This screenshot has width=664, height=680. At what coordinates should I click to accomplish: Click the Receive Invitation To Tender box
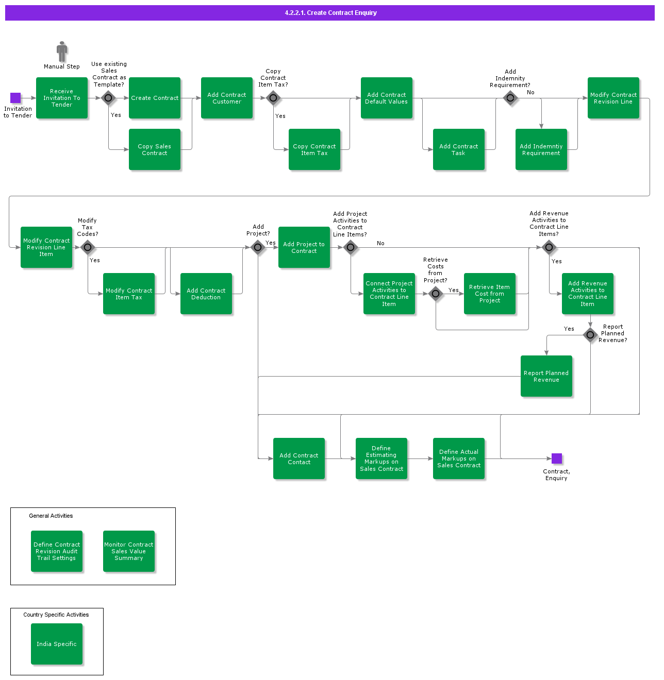[62, 98]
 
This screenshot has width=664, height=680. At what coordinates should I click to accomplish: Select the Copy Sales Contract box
[155, 149]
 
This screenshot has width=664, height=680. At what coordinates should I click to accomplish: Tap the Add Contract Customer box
[227, 98]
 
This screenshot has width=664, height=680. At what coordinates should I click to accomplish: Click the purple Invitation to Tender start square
[15, 98]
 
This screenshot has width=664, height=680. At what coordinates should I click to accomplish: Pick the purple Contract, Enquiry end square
[557, 458]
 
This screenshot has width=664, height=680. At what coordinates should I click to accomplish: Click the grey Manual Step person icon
[62, 52]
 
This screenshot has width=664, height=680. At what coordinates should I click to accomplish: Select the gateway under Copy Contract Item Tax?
[273, 98]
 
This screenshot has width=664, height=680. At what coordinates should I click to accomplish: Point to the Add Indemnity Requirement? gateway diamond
[510, 98]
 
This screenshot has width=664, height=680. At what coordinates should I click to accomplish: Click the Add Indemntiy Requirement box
[541, 149]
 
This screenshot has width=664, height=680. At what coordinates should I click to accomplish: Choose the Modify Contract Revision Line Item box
[46, 247]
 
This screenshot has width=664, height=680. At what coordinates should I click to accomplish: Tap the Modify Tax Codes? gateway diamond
[88, 248]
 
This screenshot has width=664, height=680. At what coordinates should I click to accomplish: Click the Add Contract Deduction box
[206, 294]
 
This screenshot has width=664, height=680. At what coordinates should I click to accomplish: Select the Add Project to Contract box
[304, 247]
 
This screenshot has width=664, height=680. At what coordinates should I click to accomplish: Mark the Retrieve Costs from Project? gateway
[436, 294]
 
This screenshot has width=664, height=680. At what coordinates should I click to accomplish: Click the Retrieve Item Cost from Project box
[490, 294]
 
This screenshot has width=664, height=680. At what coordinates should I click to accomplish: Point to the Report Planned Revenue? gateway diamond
[590, 335]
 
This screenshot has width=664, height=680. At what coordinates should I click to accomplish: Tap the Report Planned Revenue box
[546, 376]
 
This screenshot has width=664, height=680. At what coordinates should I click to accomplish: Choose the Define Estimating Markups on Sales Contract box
[381, 458]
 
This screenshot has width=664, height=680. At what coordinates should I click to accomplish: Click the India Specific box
[57, 644]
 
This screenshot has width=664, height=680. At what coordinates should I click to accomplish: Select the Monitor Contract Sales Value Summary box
[129, 551]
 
